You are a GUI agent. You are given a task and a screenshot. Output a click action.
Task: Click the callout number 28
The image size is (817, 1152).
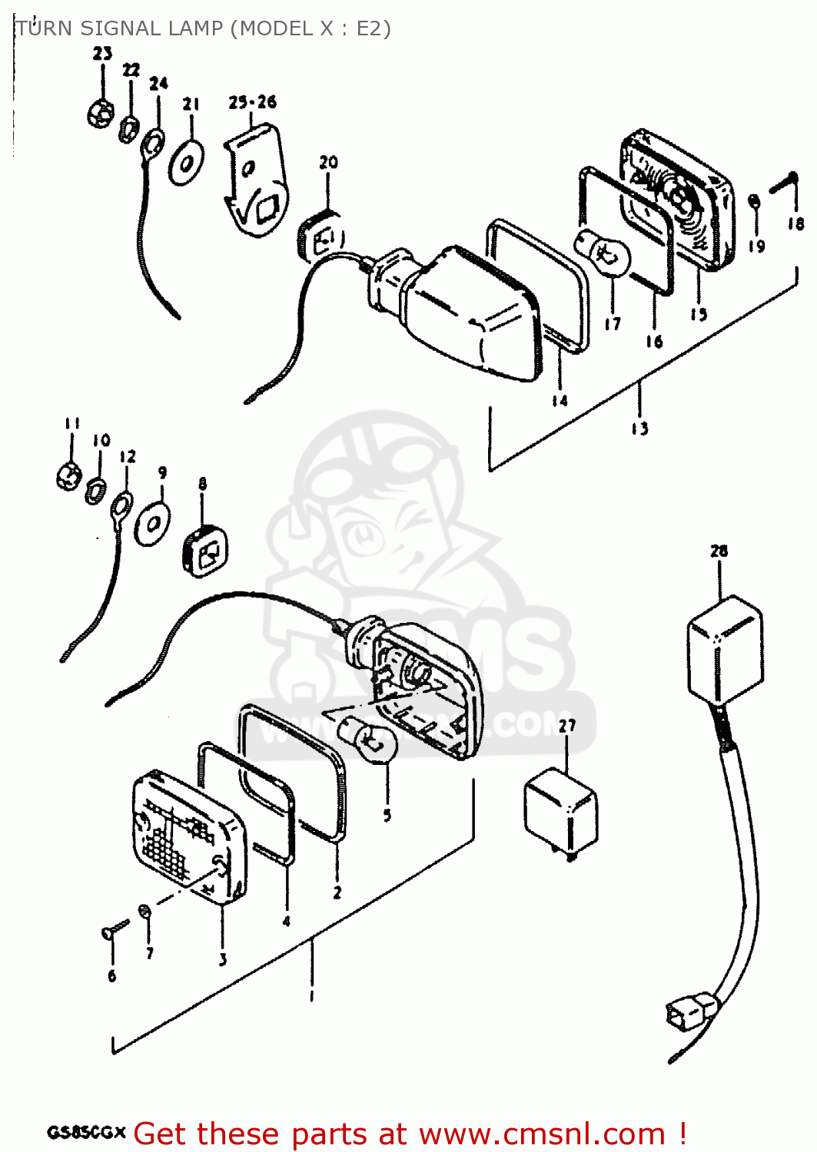pyautogui.click(x=719, y=551)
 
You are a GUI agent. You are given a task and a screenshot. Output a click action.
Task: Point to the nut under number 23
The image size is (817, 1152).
pyautogui.click(x=101, y=114)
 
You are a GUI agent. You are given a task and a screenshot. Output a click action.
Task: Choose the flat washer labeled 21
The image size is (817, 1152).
pyautogui.click(x=186, y=161)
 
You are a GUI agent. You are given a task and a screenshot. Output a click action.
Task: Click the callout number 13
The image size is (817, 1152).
pyautogui.click(x=639, y=429)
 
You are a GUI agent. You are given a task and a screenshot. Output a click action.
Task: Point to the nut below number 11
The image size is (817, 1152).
pyautogui.click(x=69, y=476)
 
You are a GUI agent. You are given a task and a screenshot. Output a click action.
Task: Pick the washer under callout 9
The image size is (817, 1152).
pyautogui.click(x=152, y=525)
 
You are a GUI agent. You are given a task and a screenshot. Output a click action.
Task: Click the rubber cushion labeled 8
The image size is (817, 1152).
pyautogui.click(x=204, y=550)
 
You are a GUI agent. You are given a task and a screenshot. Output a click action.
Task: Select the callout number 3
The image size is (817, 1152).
pyautogui.click(x=222, y=959)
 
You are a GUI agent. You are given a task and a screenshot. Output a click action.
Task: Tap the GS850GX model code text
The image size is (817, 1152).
pyautogui.click(x=85, y=1133)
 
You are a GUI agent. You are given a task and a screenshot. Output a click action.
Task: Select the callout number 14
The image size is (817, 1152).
pyautogui.click(x=560, y=400)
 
